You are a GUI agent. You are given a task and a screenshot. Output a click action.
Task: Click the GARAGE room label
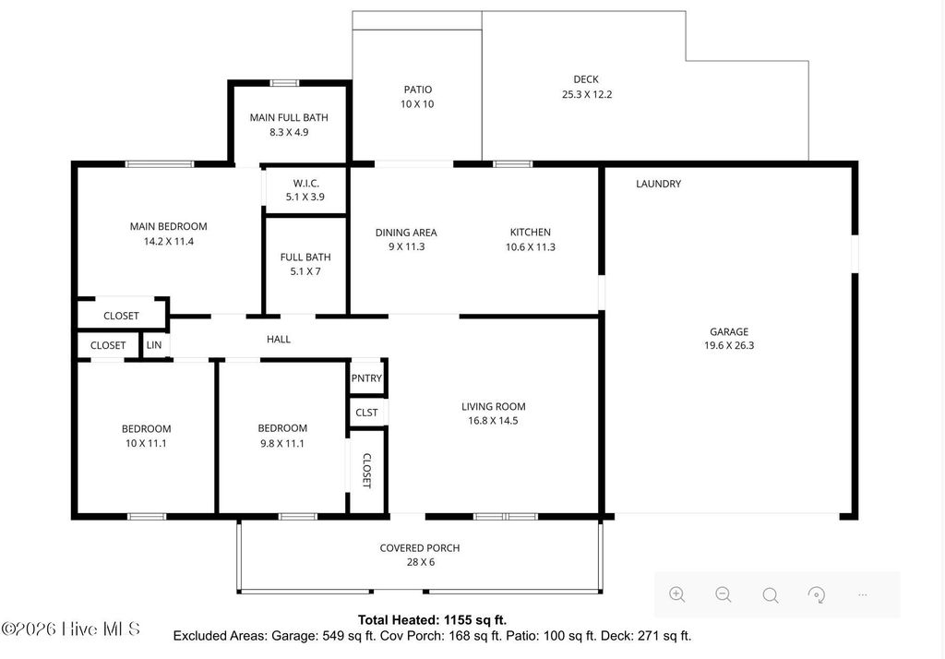[x=728, y=331]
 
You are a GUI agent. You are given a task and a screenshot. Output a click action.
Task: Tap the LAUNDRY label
[x=658, y=184]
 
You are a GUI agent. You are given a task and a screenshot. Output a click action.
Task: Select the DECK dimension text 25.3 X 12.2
[x=587, y=94]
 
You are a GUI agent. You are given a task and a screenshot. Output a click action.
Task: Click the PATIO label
[x=417, y=90]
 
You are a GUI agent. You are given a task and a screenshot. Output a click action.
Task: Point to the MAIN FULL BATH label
[x=289, y=117]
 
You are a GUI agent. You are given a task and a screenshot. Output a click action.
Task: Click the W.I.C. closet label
[x=305, y=183]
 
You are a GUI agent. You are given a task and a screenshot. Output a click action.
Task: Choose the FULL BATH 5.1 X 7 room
[x=305, y=264]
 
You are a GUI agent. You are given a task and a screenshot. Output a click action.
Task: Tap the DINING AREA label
[x=405, y=233]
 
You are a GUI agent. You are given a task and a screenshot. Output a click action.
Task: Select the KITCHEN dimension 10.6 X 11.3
[x=531, y=246]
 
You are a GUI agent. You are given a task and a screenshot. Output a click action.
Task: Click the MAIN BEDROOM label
[x=168, y=226]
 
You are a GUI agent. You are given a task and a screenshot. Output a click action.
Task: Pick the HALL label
[x=279, y=339]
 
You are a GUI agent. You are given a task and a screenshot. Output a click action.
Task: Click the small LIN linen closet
[x=154, y=345]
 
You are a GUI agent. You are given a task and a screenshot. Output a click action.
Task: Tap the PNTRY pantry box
[x=366, y=377]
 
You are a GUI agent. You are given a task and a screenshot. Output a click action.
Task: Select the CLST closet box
[x=366, y=412]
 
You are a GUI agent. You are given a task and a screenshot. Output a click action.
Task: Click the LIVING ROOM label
[x=493, y=406]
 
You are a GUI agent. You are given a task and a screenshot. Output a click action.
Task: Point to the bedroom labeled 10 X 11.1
[x=146, y=436]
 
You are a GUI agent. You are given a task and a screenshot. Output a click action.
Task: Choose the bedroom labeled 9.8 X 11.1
[x=281, y=436]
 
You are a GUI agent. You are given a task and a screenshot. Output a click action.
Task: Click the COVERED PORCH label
[x=419, y=547]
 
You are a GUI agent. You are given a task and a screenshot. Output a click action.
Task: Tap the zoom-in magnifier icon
[x=676, y=594]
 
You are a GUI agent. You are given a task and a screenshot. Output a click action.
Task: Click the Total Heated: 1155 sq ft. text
[x=432, y=619]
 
